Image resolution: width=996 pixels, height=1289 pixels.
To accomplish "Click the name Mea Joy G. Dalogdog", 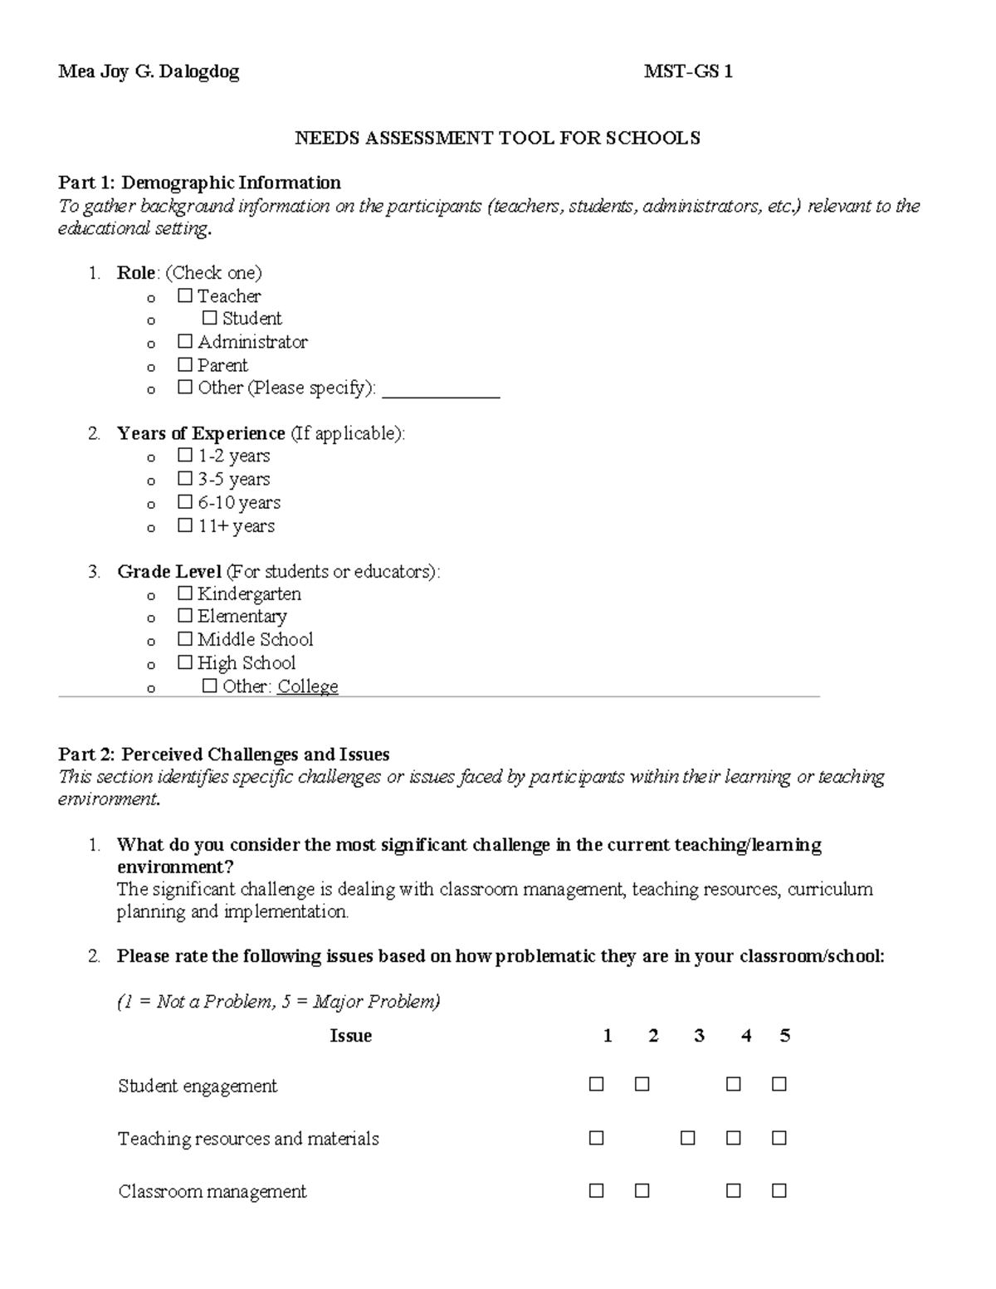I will coord(149,72).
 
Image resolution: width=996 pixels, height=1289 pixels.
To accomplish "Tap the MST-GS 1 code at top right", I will coord(688,72).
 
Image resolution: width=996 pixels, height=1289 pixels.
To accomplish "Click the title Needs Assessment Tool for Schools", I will coord(497,138).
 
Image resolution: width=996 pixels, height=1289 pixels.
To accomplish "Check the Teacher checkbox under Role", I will coord(184,296).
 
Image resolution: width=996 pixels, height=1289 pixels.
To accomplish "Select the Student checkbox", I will coord(209,319).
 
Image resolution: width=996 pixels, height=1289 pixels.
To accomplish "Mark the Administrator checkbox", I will coord(184,342).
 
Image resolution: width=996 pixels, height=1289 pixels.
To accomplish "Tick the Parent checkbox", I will coord(184,365).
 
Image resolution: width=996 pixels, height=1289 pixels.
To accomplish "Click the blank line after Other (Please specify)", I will coord(441,390).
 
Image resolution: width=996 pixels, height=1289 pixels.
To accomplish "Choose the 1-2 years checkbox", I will coord(184,457).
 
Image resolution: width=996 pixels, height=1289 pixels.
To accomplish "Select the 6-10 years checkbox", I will coord(184,503).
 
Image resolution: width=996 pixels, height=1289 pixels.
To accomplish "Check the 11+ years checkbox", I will coord(184,526).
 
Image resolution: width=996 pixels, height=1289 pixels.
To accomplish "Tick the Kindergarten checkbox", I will coord(184,594).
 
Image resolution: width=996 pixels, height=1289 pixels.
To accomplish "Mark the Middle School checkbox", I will coord(184,640).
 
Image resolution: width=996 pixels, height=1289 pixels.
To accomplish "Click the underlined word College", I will coord(307,687).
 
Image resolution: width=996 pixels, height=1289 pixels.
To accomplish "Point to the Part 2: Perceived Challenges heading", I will coord(223,754).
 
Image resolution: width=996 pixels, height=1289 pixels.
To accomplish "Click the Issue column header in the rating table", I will coord(350,1036).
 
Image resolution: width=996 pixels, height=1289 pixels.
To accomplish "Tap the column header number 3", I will coord(699,1036).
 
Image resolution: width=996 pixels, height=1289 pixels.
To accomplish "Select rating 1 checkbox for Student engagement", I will coord(596,1085).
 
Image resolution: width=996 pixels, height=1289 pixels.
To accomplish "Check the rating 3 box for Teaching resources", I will coord(687,1138).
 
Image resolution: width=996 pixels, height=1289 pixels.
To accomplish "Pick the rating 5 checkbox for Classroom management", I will coord(779,1191).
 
